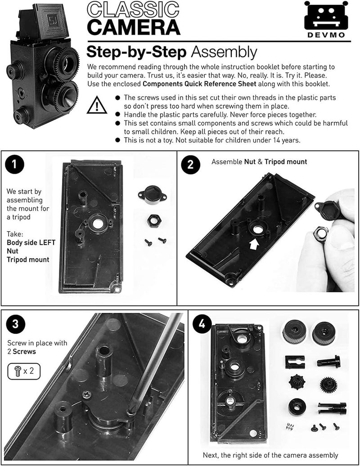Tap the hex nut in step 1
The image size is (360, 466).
153,221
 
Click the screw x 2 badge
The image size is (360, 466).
22,371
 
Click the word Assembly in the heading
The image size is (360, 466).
224,52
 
